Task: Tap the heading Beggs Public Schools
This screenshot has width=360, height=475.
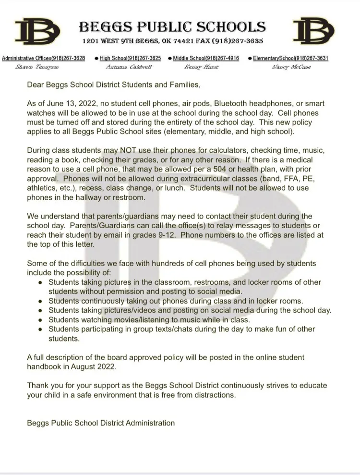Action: pos(171,26)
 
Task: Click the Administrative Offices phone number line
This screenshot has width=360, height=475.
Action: pos(44,58)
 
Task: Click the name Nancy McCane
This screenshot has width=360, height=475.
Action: pos(291,67)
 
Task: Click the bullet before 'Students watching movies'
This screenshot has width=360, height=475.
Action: pos(40,320)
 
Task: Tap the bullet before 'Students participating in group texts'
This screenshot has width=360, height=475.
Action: pos(40,329)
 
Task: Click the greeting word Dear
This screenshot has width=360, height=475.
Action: pos(36,85)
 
